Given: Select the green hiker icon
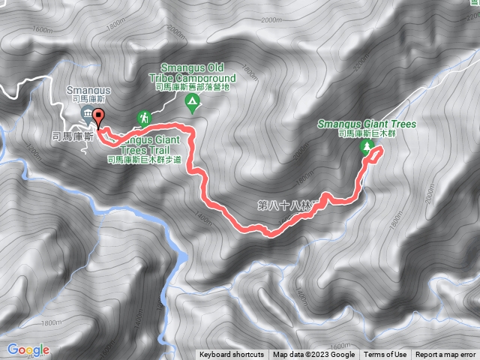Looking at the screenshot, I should click(x=143, y=118).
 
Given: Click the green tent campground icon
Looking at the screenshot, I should click(x=193, y=101).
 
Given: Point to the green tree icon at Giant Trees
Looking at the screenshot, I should click(x=367, y=147).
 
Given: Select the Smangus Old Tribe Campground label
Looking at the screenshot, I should click(x=196, y=72).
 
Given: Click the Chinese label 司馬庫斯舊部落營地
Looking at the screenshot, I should click(x=193, y=87).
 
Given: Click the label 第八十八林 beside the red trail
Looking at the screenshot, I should click(x=288, y=203).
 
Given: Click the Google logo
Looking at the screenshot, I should click(x=28, y=349).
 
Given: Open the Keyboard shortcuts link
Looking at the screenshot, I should click(x=232, y=355).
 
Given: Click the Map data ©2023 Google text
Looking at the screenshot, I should click(x=313, y=355).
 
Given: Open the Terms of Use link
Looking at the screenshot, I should click(x=385, y=355).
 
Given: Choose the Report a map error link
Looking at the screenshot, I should click(x=445, y=355).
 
